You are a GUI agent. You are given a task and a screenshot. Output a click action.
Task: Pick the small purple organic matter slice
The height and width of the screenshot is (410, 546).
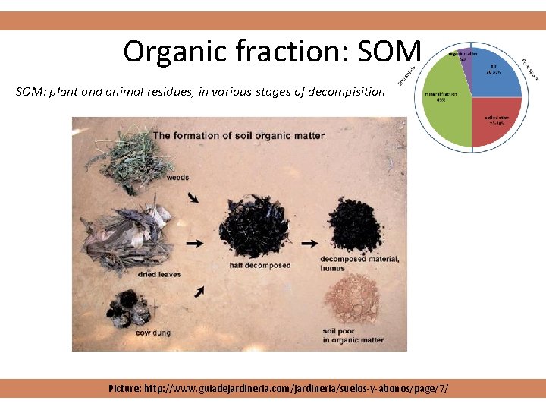pos(466,60)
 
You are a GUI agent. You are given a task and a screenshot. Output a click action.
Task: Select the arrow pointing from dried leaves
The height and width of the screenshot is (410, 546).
pos(195,244)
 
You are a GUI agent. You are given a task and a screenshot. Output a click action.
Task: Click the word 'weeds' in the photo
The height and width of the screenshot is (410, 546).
pos(177,177)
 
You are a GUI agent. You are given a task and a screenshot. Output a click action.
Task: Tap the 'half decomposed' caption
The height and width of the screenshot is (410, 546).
pos(260,266)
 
